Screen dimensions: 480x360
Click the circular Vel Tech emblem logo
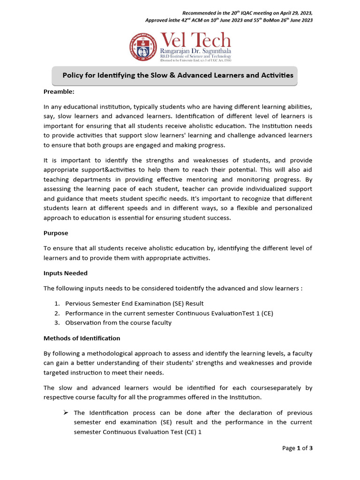pyautogui.click(x=143, y=47)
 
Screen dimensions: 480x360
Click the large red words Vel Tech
pyautogui.click(x=195, y=40)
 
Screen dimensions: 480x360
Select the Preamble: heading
pyautogui.click(x=59, y=91)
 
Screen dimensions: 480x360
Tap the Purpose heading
pyautogui.click(x=56, y=233)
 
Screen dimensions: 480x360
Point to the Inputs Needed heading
pyautogui.click(x=66, y=273)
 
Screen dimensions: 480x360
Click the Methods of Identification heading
pyautogui.click(x=82, y=338)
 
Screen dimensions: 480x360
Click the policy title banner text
pyautogui.click(x=178, y=75)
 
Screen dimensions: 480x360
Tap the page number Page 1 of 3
pyautogui.click(x=297, y=448)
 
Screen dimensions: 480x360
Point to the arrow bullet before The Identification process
pyautogui.click(x=66, y=412)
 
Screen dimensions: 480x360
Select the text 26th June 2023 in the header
pyautogui.click(x=292, y=20)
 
